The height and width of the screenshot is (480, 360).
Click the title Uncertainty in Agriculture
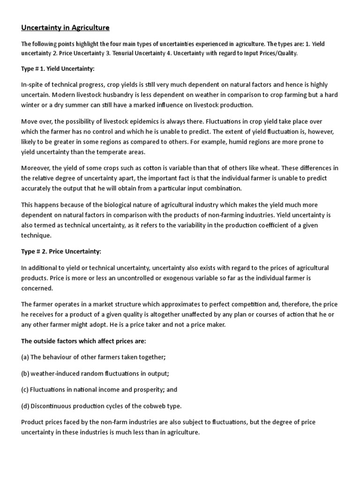coord(65,28)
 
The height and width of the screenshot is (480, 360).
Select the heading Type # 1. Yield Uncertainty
coord(58,69)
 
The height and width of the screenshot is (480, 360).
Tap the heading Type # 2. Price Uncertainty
coord(61,252)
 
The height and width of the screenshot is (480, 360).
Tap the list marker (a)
coord(25,357)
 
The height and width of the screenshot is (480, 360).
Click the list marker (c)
coord(25,390)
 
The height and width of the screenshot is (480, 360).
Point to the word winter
coord(31,105)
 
